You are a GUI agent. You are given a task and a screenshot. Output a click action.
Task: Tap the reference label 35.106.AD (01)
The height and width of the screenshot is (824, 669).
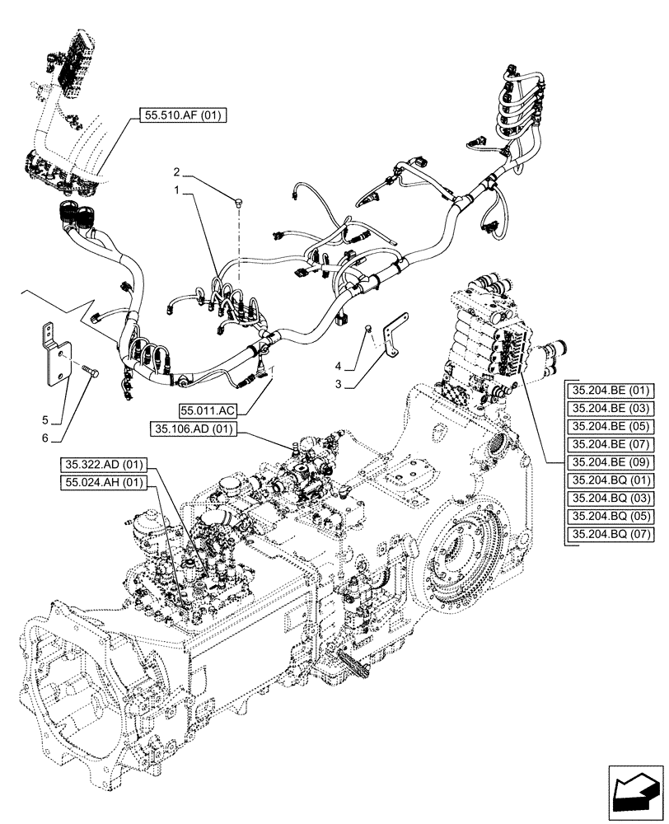point(194,428)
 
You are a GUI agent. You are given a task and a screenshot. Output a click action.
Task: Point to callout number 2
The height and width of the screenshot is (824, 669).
point(176,172)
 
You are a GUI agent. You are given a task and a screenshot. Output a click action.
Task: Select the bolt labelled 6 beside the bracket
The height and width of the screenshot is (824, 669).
point(90,372)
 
